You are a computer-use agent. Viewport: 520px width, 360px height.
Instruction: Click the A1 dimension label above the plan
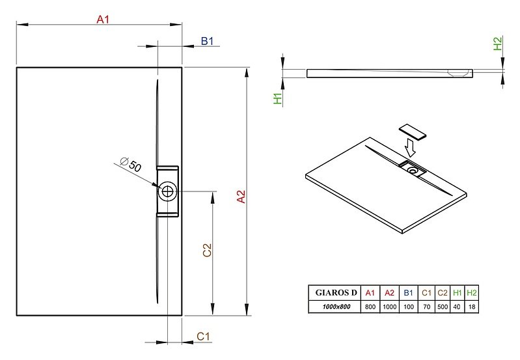103,20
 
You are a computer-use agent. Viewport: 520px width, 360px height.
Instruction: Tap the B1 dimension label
207,41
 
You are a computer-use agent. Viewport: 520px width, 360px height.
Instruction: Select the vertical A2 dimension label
241,197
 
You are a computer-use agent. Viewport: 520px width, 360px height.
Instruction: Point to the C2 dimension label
207,250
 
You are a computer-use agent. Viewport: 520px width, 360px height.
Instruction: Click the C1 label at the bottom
203,337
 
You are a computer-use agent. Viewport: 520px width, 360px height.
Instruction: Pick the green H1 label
277,98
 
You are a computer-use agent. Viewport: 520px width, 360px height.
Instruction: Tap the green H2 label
498,44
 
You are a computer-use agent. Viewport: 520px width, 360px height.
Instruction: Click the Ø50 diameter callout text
131,164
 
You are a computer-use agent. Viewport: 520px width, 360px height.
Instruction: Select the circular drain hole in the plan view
167,191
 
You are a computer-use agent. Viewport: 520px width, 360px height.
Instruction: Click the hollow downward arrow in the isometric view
410,148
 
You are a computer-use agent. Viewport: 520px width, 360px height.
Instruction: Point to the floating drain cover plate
412,132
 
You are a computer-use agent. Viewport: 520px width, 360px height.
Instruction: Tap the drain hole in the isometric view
413,171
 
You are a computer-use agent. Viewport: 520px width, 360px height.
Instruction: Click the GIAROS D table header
336,293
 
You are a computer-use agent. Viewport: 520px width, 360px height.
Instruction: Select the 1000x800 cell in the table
336,307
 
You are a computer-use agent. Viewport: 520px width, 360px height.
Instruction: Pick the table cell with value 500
443,307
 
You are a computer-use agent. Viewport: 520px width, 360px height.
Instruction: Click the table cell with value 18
472,307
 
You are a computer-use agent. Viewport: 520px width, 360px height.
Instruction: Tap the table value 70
426,307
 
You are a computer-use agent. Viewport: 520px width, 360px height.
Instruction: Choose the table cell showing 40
457,307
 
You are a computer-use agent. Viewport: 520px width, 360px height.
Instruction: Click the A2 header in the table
389,293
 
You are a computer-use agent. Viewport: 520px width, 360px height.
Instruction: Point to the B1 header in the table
408,293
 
